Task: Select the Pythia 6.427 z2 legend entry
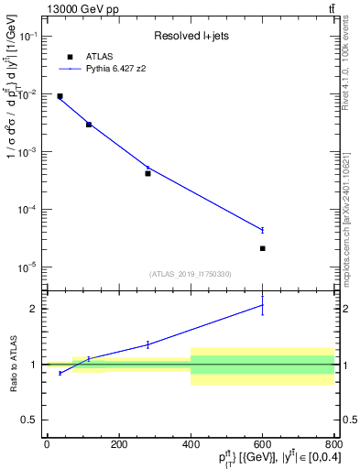point(116,68)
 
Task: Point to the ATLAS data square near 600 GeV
point(262,248)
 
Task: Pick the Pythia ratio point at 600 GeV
point(262,305)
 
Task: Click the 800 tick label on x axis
point(333,445)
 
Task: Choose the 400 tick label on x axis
point(190,445)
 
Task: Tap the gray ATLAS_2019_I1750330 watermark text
point(191,274)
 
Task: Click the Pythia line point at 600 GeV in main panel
point(262,230)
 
